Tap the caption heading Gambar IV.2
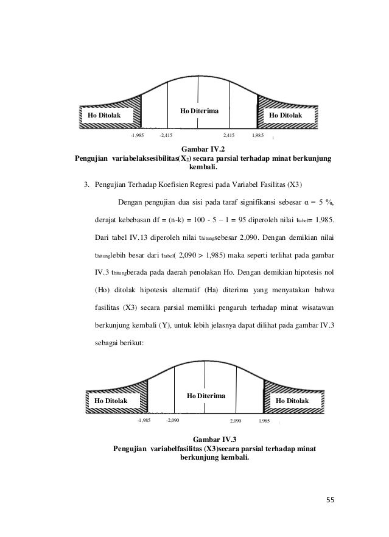tap(203, 149)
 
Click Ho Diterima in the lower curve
tap(206, 396)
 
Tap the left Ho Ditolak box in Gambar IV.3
tap(111, 401)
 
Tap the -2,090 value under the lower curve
tap(172, 420)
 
